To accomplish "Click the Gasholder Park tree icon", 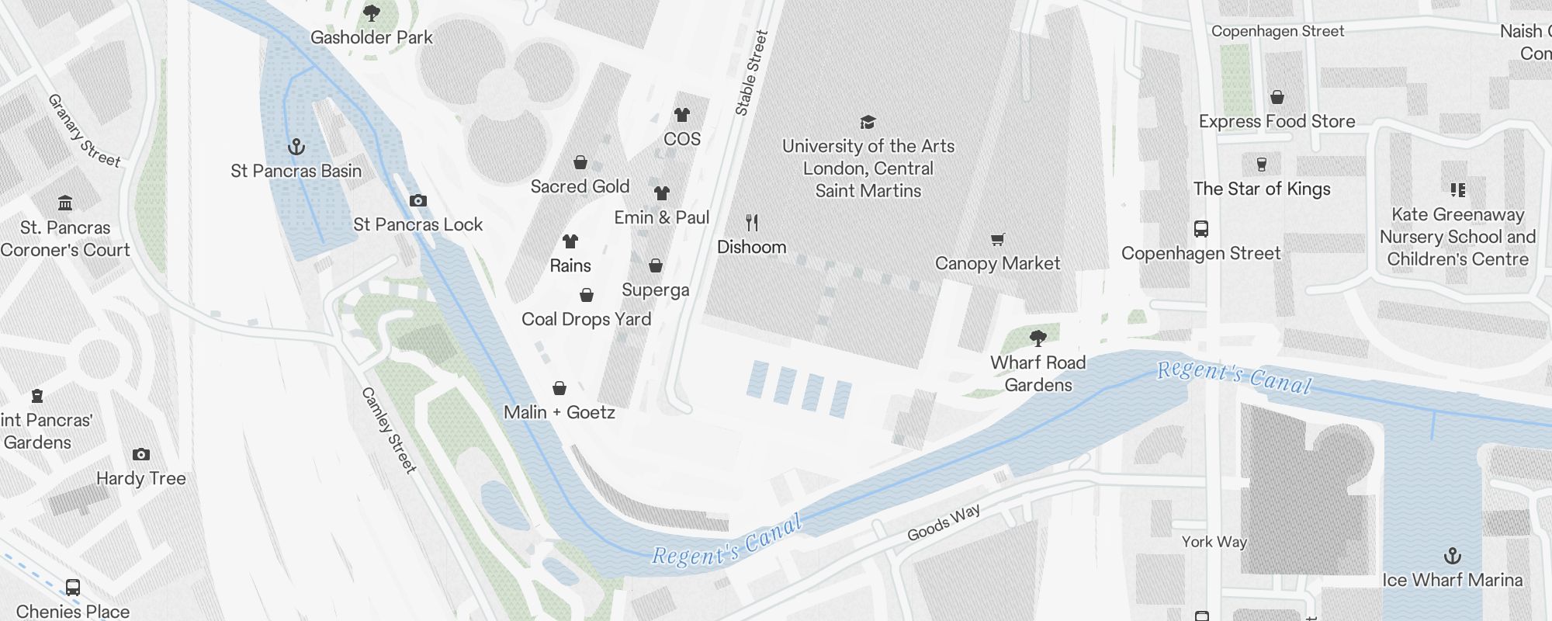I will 372,12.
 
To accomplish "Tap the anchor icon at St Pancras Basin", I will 296,146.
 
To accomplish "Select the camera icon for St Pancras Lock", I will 418,200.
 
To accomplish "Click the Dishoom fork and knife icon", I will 751,224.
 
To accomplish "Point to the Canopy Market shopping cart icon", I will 998,240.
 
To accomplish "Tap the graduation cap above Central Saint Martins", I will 868,122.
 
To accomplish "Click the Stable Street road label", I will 751,73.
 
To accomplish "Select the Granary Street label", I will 84,130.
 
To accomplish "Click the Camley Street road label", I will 389,430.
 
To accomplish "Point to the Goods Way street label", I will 944,522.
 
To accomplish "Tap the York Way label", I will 1214,542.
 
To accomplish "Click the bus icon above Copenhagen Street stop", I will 1200,229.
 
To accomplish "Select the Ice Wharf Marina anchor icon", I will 1452,556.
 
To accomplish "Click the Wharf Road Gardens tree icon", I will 1038,338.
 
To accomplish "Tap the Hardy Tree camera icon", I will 140,455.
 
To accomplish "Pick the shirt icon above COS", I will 682,115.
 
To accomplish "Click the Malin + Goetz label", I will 559,412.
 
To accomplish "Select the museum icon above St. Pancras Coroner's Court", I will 65,203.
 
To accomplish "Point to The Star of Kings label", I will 1262,189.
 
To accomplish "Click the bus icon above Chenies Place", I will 73,588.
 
